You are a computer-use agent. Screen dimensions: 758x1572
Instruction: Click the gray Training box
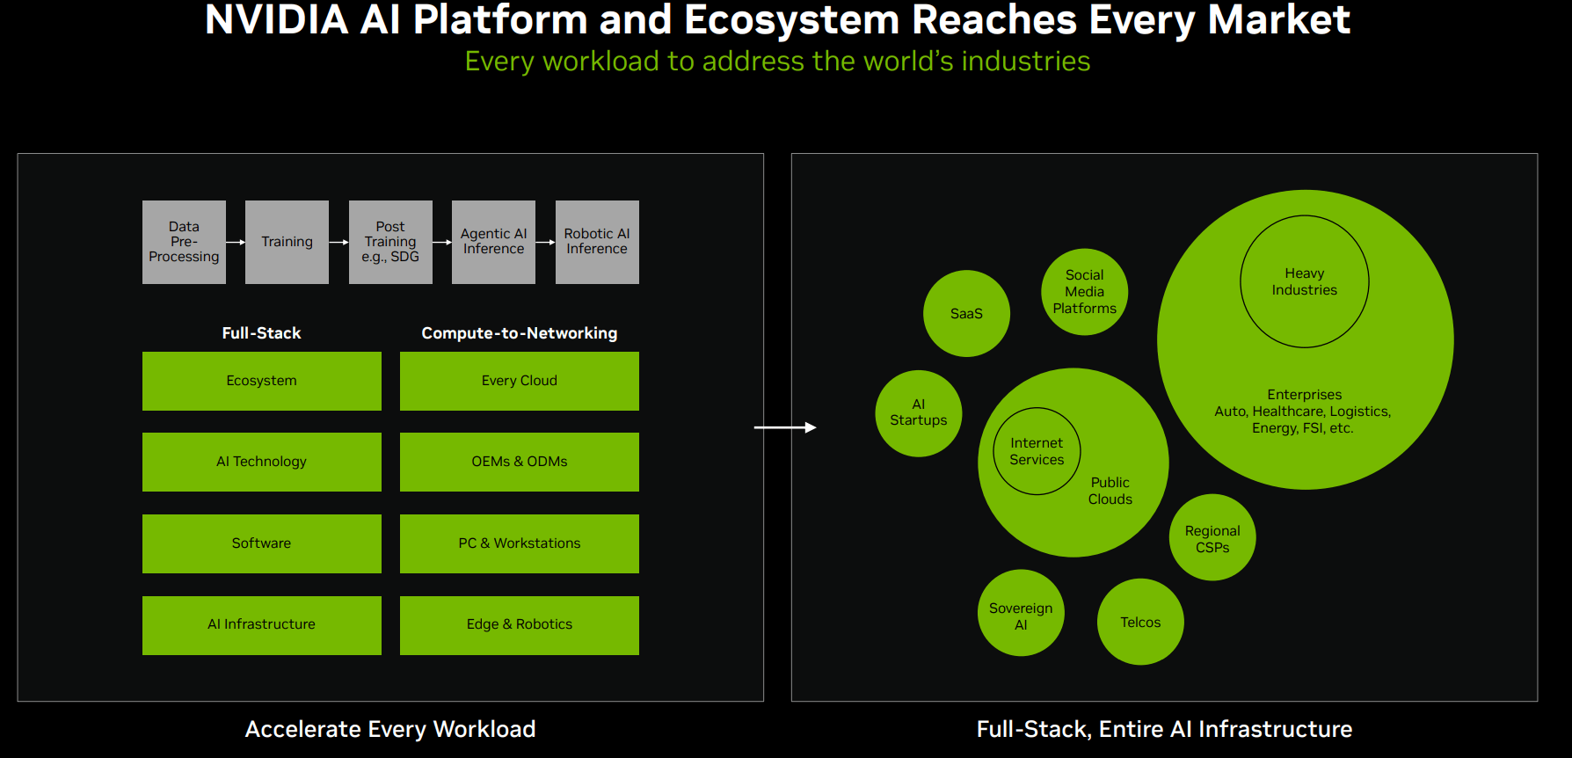(x=287, y=242)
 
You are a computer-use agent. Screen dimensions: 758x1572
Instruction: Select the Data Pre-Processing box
(x=184, y=242)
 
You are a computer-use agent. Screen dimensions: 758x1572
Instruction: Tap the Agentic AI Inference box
(x=493, y=242)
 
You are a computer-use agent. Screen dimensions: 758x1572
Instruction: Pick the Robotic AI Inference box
(x=597, y=242)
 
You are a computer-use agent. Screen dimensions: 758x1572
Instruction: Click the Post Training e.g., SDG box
(x=390, y=242)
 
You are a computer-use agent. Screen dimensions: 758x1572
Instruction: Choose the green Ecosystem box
(x=262, y=381)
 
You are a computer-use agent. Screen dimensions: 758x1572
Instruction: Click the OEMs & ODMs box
(x=520, y=462)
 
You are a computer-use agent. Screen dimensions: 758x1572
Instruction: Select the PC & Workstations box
(x=520, y=543)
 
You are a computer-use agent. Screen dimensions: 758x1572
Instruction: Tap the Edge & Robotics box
(x=520, y=625)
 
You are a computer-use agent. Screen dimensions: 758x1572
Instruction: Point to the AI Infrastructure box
(x=262, y=625)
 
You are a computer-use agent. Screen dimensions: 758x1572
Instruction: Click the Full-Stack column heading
(x=261, y=333)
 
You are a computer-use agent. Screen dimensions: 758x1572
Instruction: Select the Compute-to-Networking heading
(x=520, y=333)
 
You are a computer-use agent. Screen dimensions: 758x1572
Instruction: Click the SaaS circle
(x=966, y=313)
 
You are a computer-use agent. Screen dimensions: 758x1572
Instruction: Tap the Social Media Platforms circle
(x=1084, y=292)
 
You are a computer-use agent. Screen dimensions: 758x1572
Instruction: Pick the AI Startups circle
(x=919, y=413)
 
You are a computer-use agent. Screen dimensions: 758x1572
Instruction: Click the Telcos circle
(x=1140, y=622)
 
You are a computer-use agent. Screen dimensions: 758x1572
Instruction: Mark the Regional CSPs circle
(x=1212, y=537)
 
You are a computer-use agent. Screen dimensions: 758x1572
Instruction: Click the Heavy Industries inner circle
(x=1304, y=281)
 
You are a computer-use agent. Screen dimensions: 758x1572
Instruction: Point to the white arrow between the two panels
(x=785, y=427)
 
